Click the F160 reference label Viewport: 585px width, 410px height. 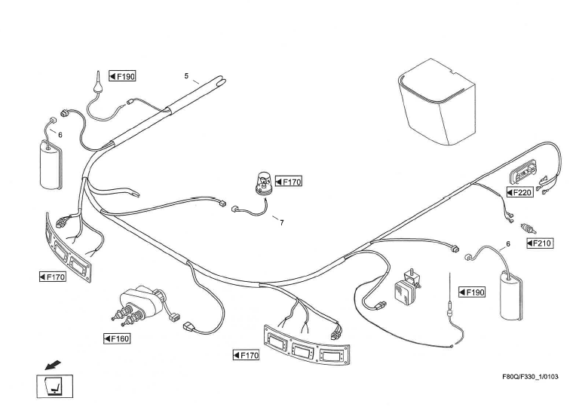click(x=117, y=338)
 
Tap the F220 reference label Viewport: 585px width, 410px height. click(x=519, y=192)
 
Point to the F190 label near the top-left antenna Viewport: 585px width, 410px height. click(x=121, y=76)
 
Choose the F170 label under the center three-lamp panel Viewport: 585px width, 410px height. click(x=246, y=354)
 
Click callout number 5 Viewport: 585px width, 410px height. click(x=186, y=76)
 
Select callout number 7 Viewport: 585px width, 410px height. click(x=281, y=222)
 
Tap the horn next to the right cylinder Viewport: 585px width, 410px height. click(x=407, y=286)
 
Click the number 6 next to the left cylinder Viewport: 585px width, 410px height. click(x=60, y=134)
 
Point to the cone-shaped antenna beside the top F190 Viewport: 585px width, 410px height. click(x=99, y=83)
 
